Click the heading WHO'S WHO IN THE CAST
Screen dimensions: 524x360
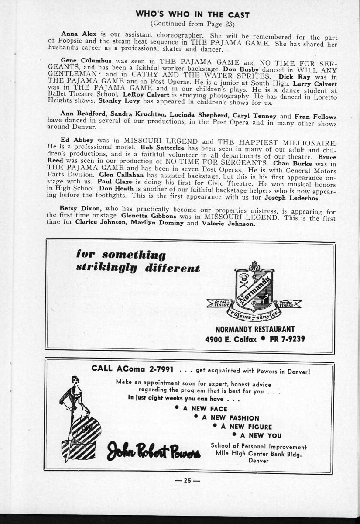pyautogui.click(x=192, y=14)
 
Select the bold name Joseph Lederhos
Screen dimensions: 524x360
pyautogui.click(x=292, y=197)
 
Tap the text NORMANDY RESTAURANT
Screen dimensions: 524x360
pyautogui.click(x=255, y=329)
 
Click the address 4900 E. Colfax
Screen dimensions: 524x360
pyautogui.click(x=230, y=339)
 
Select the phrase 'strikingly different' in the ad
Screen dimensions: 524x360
pyautogui.click(x=138, y=267)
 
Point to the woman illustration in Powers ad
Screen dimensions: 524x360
pyautogui.click(x=80, y=419)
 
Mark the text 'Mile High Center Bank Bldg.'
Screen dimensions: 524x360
pyautogui.click(x=258, y=453)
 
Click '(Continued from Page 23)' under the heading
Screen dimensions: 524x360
pyautogui.click(x=192, y=24)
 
